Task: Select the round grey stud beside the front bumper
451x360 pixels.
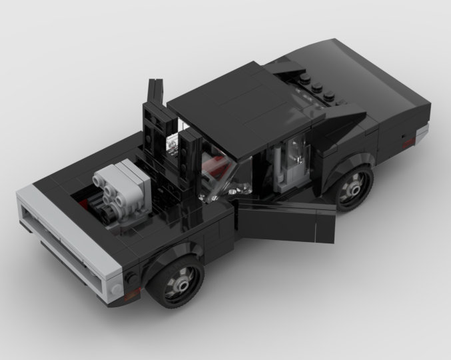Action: [x=117, y=289]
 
